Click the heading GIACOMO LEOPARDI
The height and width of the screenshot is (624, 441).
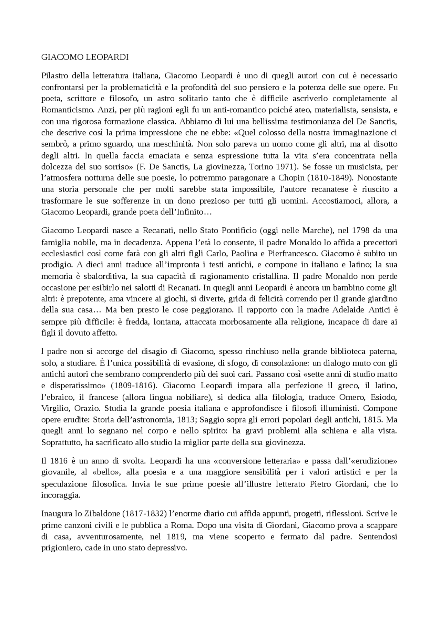85,58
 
